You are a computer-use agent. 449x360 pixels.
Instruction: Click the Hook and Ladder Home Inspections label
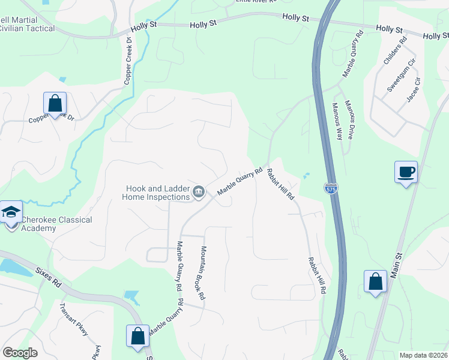(156, 192)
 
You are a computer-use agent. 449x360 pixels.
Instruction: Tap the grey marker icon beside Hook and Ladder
(199, 192)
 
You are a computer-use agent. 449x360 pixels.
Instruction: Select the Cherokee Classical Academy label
(57, 224)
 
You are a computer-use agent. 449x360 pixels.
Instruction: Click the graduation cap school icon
(11, 213)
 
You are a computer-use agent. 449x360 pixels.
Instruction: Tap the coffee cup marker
(406, 173)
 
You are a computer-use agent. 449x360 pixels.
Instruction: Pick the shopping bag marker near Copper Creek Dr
(55, 104)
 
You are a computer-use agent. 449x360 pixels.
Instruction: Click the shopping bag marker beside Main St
(375, 282)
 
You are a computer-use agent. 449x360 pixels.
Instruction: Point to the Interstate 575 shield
(331, 187)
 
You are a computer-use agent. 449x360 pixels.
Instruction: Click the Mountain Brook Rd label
(203, 273)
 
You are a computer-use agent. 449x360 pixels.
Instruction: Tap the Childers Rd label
(394, 51)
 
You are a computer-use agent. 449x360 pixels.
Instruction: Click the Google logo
(20, 353)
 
